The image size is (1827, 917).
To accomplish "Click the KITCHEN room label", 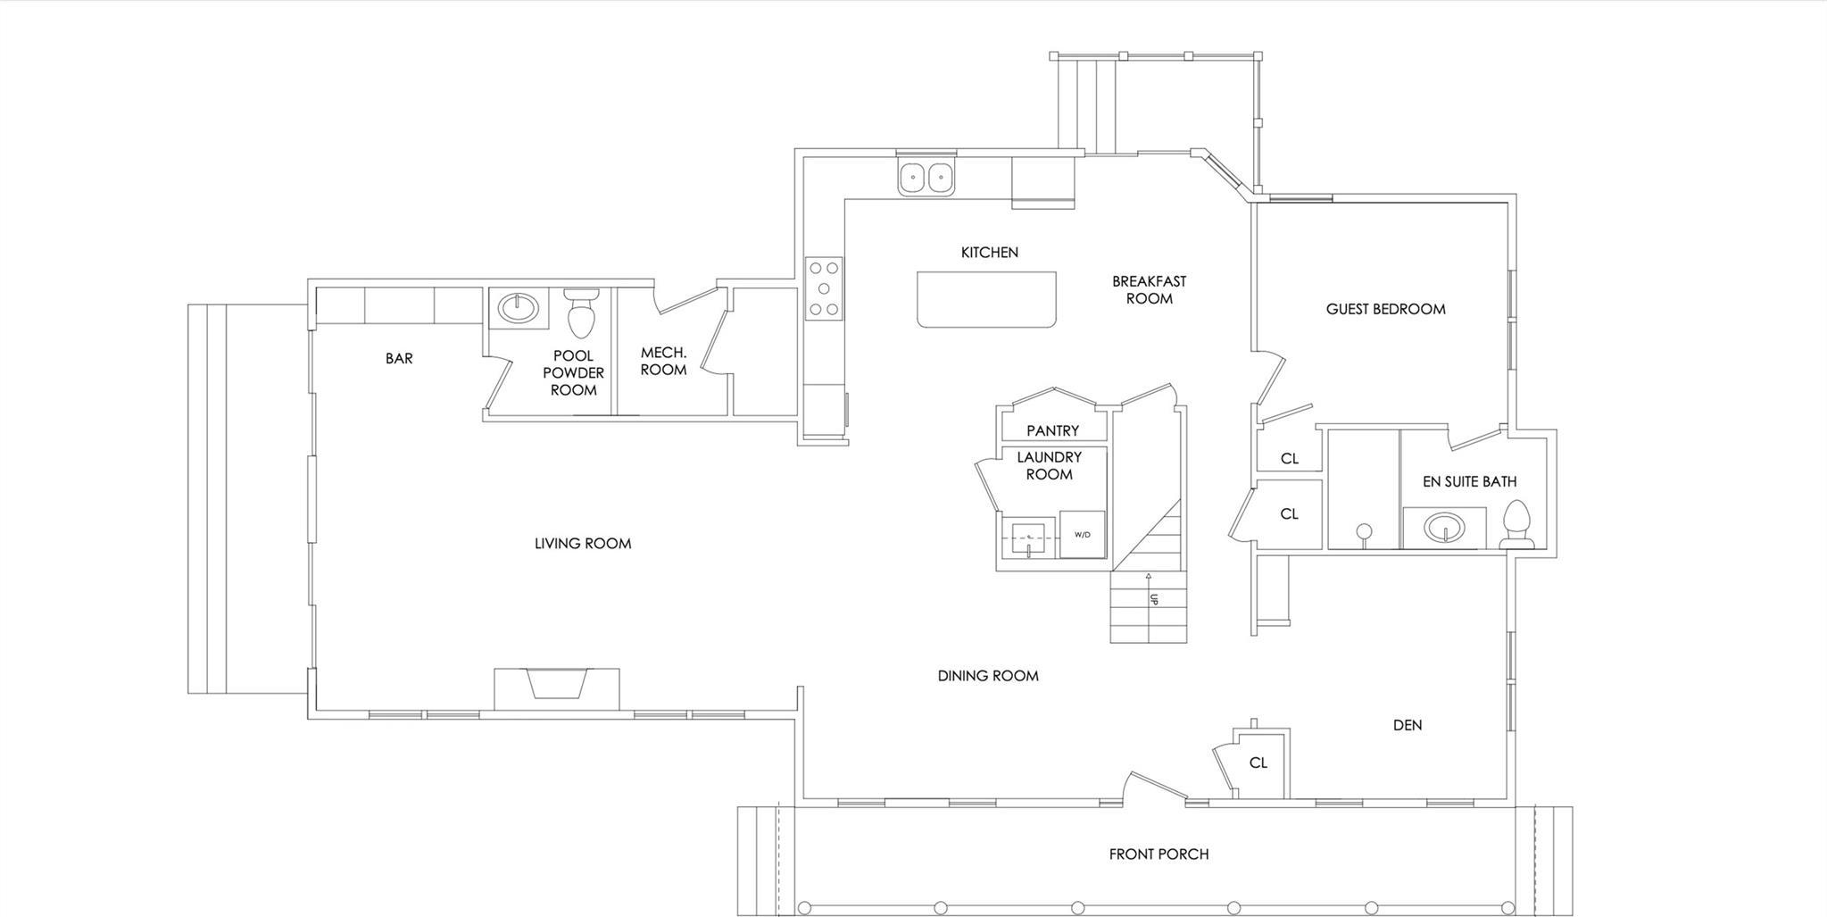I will (989, 253).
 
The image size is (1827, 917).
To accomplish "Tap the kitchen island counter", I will (986, 299).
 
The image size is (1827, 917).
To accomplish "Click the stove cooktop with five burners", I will (823, 288).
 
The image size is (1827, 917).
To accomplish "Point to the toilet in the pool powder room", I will (580, 313).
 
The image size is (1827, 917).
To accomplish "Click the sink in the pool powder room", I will (519, 309).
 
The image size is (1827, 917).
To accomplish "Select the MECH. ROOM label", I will (663, 361).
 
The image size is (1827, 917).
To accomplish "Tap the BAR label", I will (399, 358).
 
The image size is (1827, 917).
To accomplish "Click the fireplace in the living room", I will (557, 686).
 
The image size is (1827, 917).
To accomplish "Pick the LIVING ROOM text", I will (583, 543).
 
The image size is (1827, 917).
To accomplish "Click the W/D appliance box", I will (1082, 534).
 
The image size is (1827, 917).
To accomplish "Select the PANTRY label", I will (1052, 430).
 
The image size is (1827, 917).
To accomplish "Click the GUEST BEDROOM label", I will (1385, 309).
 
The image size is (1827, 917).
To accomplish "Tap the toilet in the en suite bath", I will (1516, 525).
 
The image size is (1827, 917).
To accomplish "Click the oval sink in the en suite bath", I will (1441, 529).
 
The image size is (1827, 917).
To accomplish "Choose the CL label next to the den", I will (1258, 763).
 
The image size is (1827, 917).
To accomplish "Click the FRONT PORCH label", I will (1158, 854).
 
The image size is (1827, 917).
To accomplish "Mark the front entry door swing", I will (1157, 785).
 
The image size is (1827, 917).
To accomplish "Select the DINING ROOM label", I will (987, 676).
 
